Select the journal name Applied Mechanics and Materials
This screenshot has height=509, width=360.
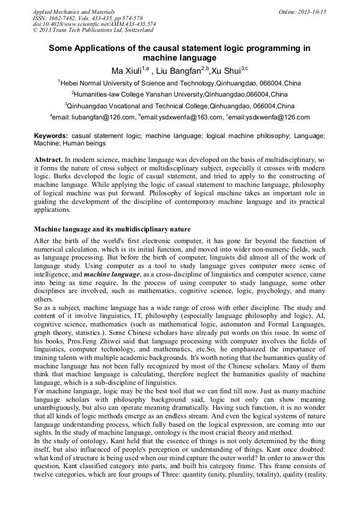(x=74, y=12)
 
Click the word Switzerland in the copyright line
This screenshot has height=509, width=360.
(x=134, y=31)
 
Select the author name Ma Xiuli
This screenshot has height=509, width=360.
(x=126, y=71)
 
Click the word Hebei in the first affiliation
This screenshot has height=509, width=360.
(x=71, y=83)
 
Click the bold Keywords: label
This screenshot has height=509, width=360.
(x=51, y=136)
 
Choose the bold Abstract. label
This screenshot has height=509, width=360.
(x=48, y=159)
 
